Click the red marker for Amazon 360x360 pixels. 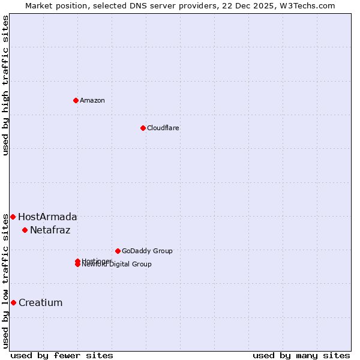click(76, 100)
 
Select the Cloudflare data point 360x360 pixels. click(143, 128)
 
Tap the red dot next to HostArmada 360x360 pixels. click(13, 217)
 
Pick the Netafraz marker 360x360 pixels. click(25, 230)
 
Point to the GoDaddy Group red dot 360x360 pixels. click(118, 251)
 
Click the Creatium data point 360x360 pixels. click(13, 302)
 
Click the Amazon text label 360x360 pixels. click(92, 100)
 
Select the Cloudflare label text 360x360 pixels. click(163, 128)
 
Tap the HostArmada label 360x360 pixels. click(47, 217)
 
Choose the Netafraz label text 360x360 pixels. click(50, 230)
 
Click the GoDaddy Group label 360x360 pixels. click(147, 251)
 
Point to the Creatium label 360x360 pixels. click(40, 302)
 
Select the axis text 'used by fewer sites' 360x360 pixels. click(62, 355)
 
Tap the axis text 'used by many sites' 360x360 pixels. click(301, 355)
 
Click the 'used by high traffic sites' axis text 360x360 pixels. click(5, 85)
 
